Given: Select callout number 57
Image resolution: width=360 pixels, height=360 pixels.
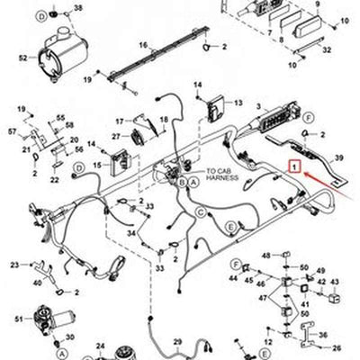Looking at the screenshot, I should (13, 132).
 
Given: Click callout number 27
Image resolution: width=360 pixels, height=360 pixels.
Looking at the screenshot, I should (115, 136).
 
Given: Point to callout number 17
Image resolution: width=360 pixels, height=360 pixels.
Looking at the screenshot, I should (118, 121).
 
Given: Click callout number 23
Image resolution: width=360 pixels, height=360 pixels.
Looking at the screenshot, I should (14, 264).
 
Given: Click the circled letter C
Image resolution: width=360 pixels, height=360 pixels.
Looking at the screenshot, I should (202, 211).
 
